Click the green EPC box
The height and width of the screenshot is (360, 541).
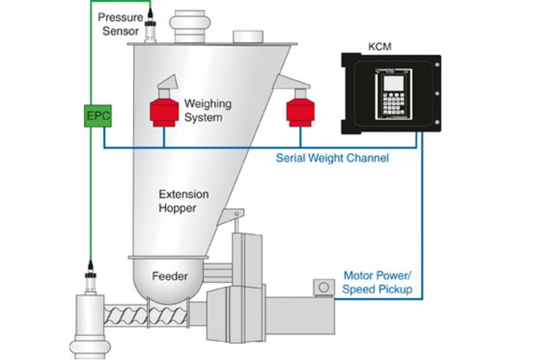click(x=98, y=116)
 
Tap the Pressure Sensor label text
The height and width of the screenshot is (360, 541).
click(x=120, y=25)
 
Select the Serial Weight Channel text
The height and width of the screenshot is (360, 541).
click(x=332, y=158)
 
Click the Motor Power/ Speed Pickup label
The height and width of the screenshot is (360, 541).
click(x=377, y=283)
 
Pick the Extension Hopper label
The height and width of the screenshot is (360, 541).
click(x=183, y=201)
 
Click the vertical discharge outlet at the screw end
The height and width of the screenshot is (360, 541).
click(x=89, y=323)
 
